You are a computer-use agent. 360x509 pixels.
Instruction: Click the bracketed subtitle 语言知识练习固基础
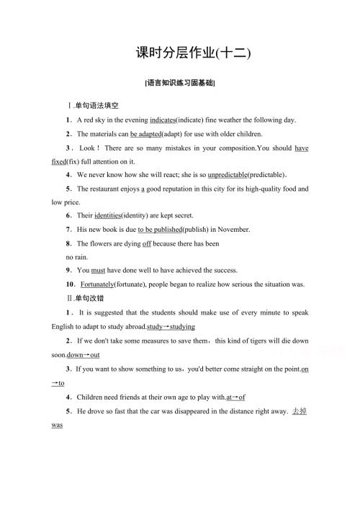point(180,83)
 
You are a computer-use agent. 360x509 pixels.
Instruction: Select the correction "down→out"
point(83,356)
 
